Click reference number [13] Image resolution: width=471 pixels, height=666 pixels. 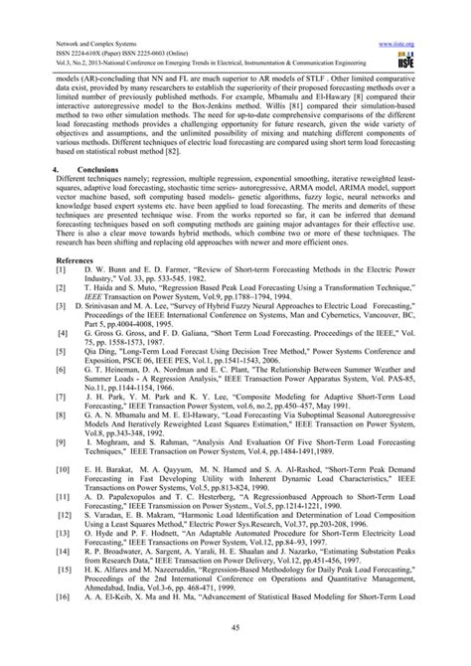[x=36, y=519]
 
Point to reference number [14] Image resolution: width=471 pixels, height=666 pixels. [x=36, y=550]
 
